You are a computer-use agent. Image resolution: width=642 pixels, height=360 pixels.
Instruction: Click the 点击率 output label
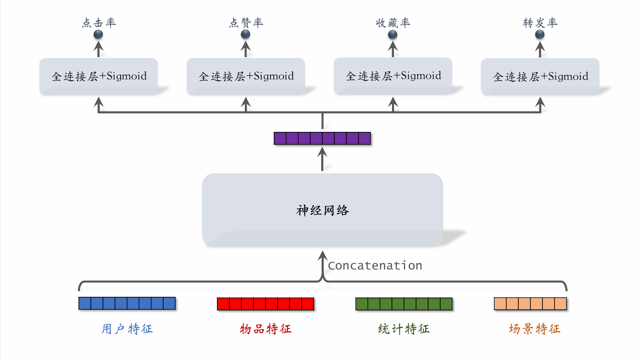coord(99,23)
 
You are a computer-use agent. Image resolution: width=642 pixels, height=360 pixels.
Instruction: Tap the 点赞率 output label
coord(246,23)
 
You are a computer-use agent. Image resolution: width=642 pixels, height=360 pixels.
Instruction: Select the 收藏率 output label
coord(393,23)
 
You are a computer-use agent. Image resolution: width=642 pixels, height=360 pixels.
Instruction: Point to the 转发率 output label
coord(540,23)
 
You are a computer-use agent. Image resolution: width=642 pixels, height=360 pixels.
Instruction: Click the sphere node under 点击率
coord(98,35)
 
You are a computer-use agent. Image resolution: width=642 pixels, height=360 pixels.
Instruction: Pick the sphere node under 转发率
coord(540,35)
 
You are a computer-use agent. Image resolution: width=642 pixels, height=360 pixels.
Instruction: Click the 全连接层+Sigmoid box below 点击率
coord(98,76)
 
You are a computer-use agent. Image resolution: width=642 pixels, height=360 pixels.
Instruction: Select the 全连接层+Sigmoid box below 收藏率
coord(393,76)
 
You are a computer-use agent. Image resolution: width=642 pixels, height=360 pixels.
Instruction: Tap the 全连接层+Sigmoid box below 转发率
coord(540,76)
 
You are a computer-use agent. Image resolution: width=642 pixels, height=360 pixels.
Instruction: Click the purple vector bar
coord(322,138)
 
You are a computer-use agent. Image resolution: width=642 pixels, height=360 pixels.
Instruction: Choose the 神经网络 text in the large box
coord(322,210)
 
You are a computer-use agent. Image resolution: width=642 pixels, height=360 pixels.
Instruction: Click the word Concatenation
coord(375,265)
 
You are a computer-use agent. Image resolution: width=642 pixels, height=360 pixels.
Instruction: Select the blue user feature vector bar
coord(127,303)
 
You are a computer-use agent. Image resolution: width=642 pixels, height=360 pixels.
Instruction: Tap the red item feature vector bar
coord(265,304)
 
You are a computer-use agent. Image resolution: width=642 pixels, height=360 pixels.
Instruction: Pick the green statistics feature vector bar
coord(404,304)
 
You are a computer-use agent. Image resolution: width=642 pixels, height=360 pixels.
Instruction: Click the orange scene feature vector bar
coord(530,304)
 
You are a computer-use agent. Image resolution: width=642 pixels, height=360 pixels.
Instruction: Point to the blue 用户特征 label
coord(127,329)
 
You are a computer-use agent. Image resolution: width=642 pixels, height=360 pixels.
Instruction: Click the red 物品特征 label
coord(265,329)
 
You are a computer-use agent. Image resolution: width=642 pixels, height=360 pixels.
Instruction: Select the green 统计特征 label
coord(404,329)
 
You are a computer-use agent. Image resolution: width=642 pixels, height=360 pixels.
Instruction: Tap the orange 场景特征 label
coord(534,329)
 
